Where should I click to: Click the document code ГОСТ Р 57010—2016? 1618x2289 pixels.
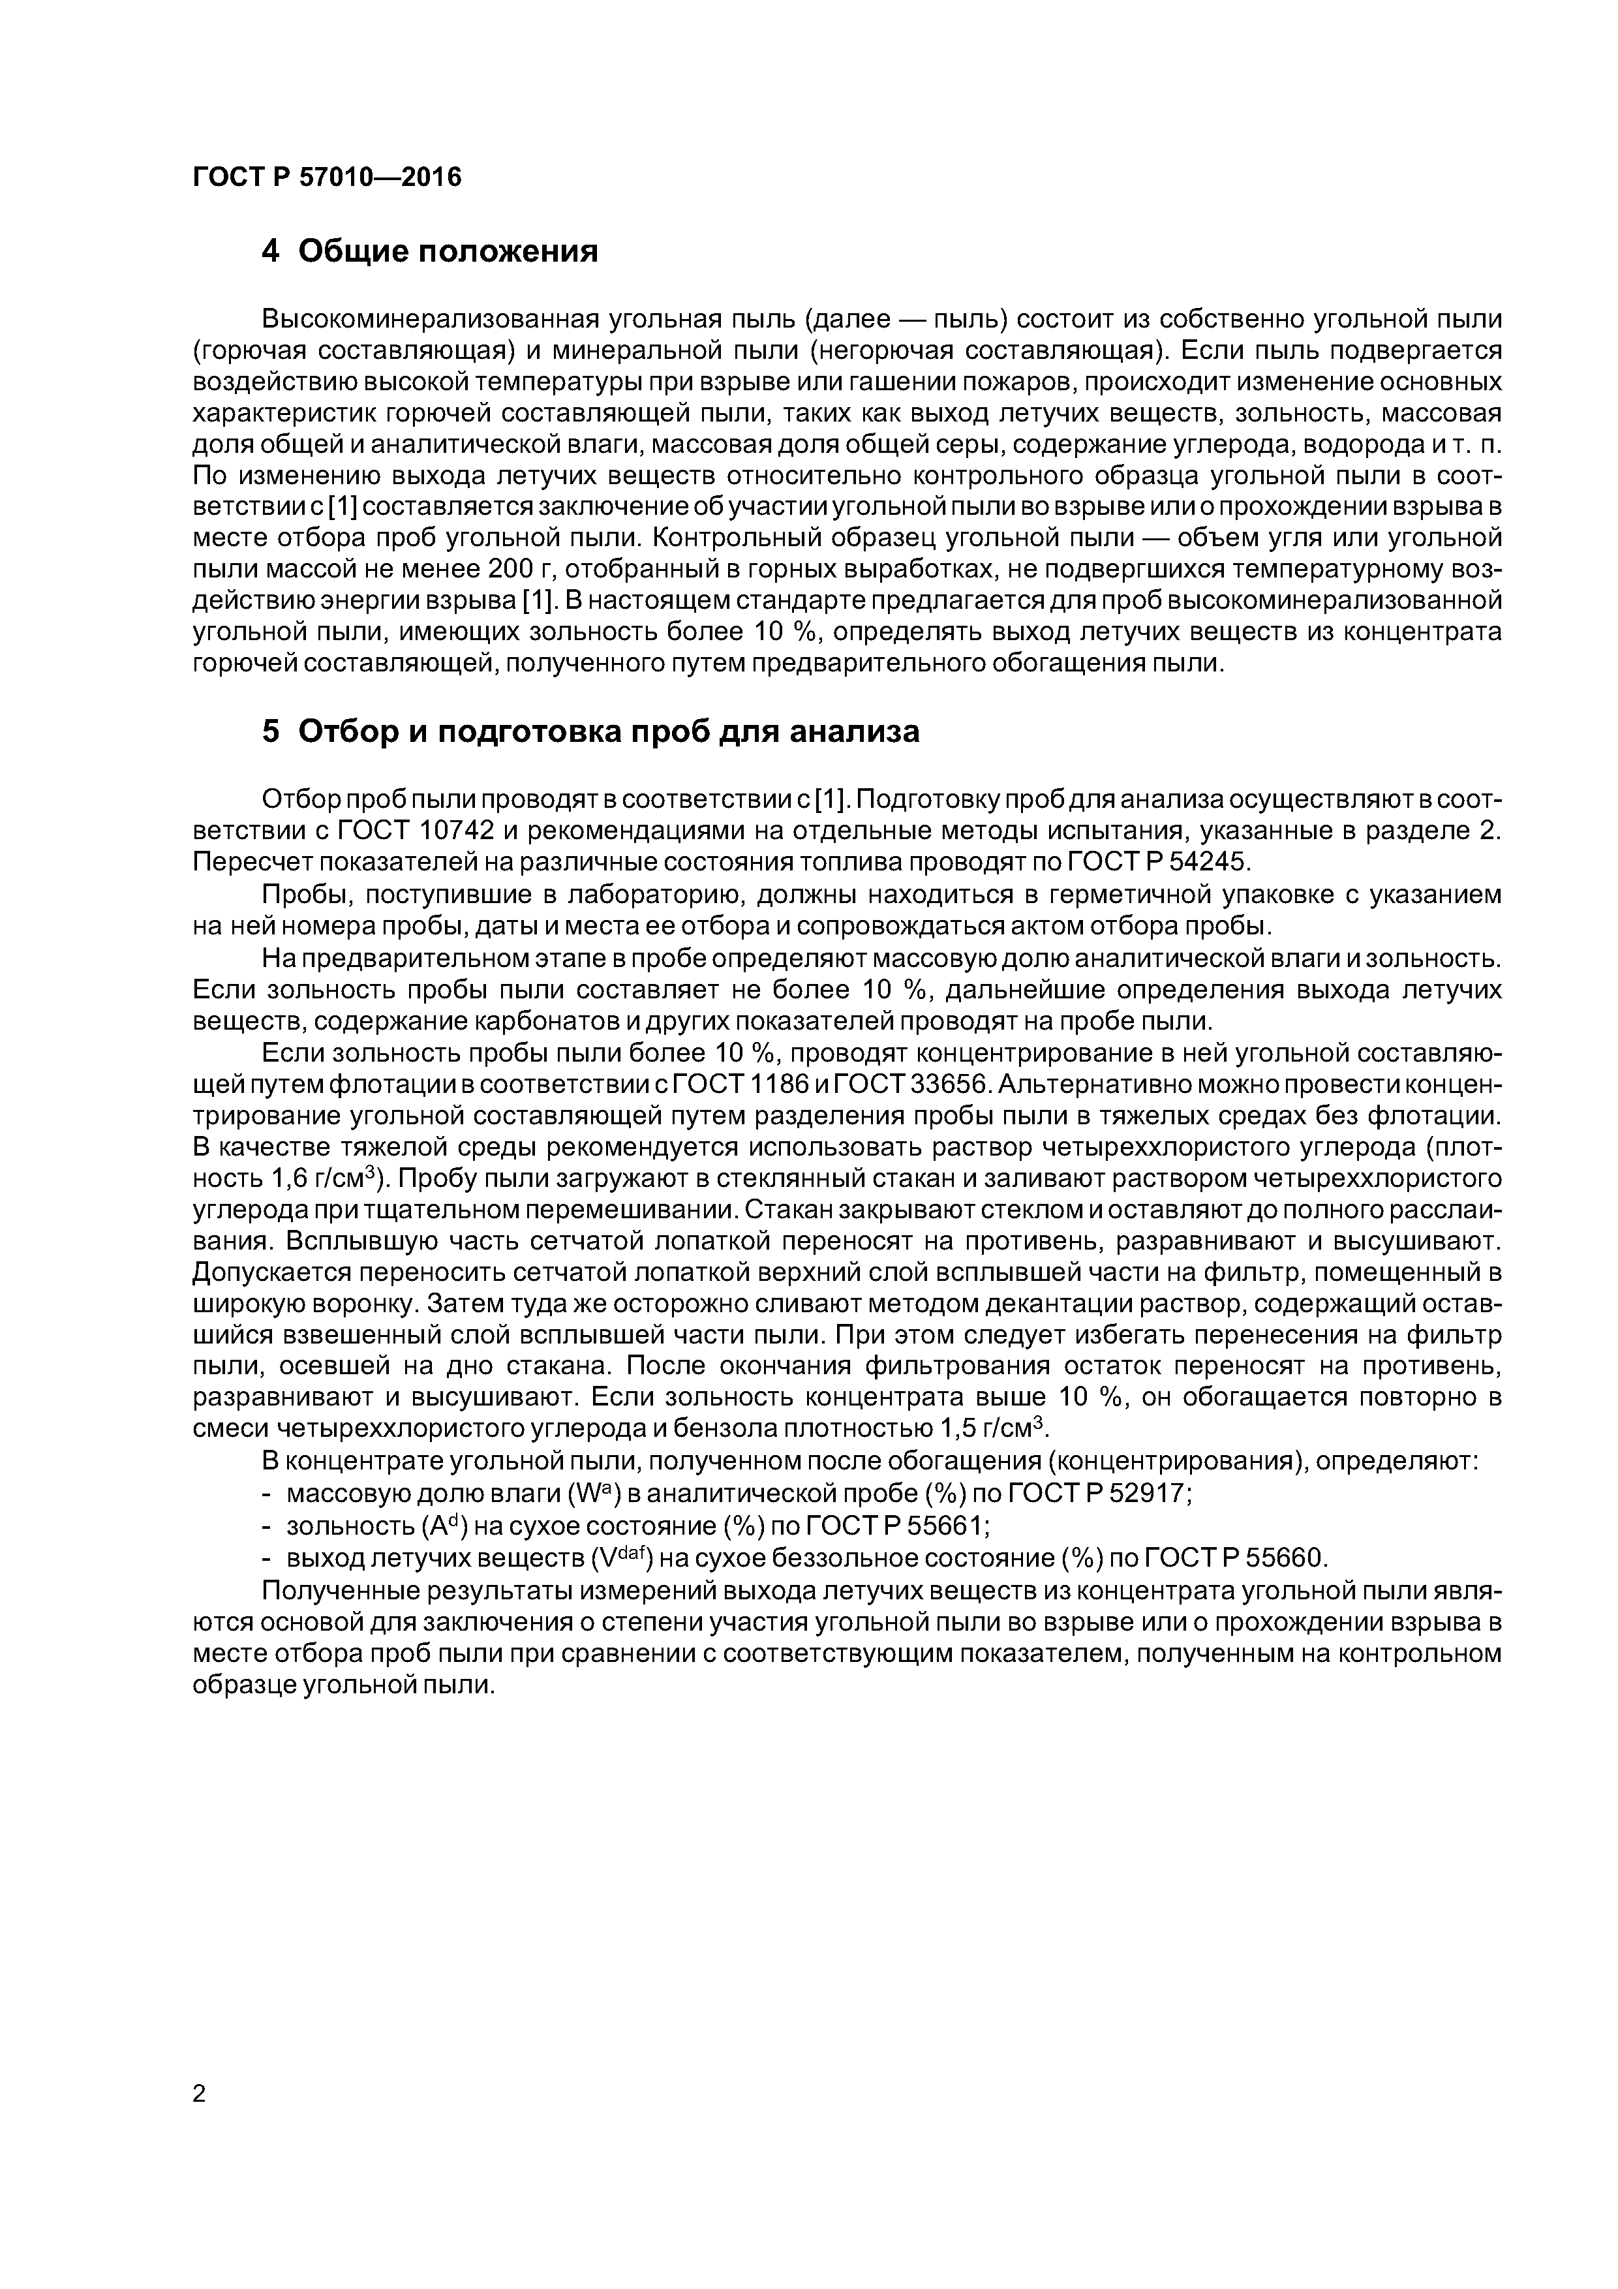point(327,177)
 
